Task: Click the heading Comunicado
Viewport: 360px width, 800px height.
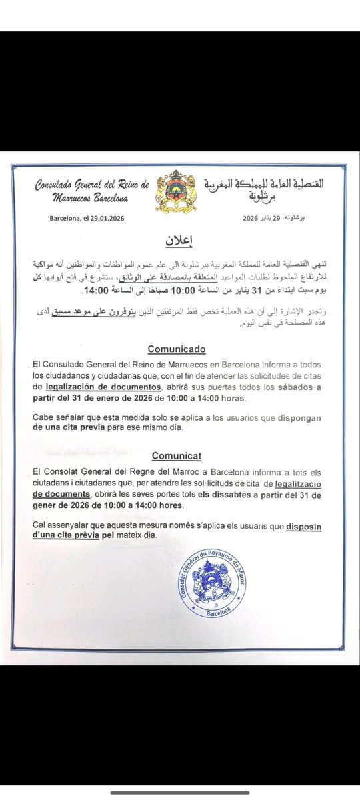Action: pyautogui.click(x=176, y=348)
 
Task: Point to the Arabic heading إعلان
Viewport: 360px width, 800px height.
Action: pyautogui.click(x=178, y=240)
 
